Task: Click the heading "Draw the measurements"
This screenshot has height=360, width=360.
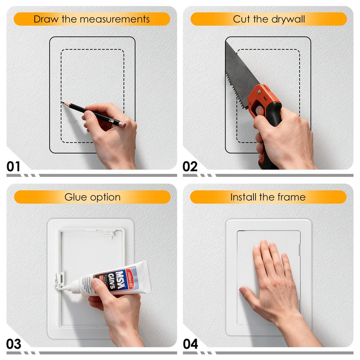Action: [92, 19]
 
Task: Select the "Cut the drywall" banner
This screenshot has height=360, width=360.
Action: [269, 19]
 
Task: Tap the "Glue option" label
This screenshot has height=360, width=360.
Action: [92, 197]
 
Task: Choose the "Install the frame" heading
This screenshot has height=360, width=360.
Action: [268, 197]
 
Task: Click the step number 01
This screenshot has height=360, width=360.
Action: [13, 167]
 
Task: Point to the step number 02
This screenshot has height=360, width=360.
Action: [190, 167]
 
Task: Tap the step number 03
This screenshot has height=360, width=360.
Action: [13, 344]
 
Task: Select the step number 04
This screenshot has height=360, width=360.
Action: [190, 344]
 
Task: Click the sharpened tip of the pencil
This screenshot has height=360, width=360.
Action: [62, 103]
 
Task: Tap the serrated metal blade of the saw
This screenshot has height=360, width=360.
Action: [238, 67]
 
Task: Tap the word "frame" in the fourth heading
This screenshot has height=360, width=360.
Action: [292, 197]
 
